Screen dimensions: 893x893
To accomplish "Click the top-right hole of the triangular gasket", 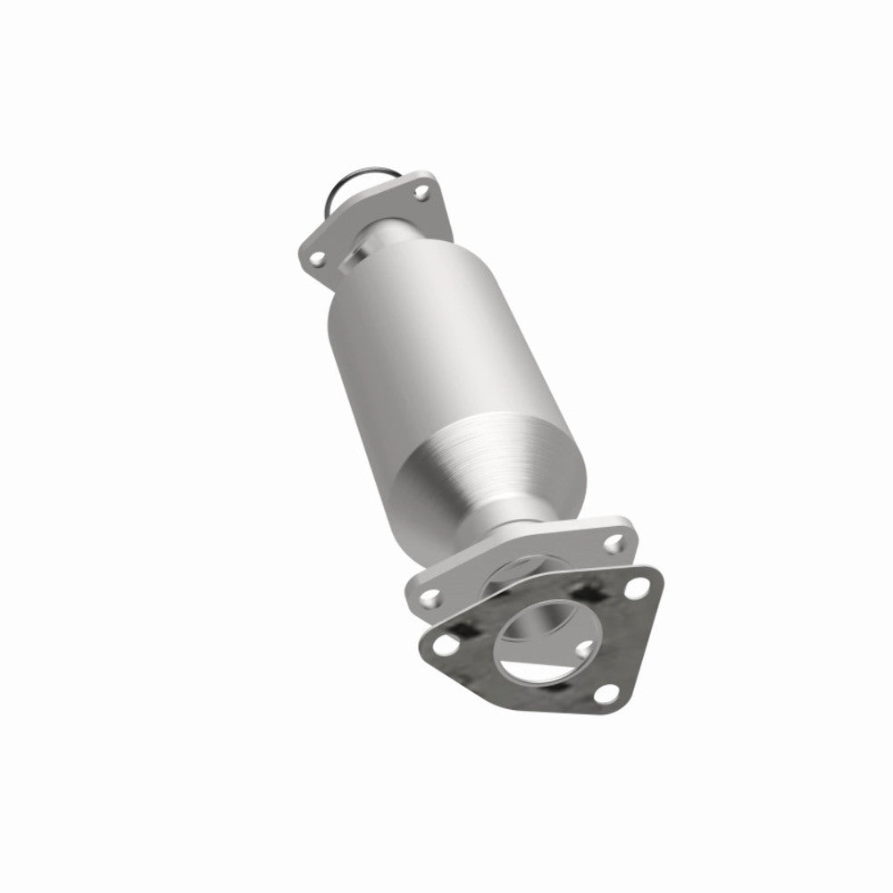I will coord(637,588).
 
